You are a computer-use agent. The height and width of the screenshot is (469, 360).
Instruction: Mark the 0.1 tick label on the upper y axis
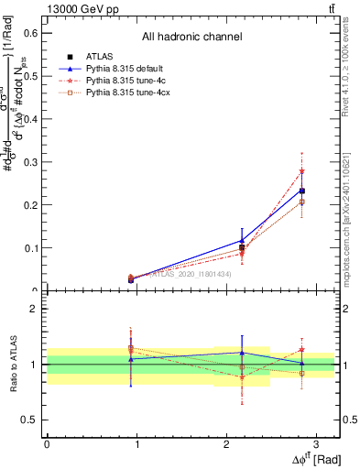click(x=32, y=248)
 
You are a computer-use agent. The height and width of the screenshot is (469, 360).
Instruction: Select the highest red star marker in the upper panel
click(x=302, y=171)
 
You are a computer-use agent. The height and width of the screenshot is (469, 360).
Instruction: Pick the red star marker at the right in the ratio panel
click(x=302, y=349)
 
